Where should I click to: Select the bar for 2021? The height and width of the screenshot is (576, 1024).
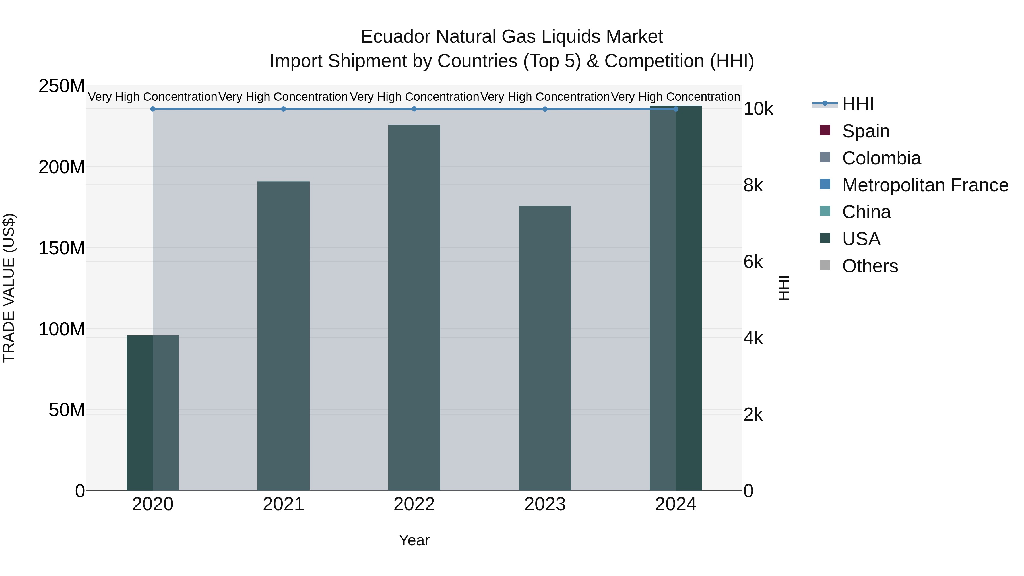(x=283, y=336)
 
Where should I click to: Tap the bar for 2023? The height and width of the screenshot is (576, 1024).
(x=545, y=348)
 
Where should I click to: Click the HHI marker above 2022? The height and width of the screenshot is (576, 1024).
(x=414, y=109)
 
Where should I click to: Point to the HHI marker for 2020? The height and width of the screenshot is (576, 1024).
(x=153, y=109)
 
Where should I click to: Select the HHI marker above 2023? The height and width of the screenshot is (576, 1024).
(x=545, y=109)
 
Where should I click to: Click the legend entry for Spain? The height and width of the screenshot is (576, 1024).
(x=865, y=131)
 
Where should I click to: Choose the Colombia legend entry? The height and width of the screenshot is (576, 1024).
(x=881, y=158)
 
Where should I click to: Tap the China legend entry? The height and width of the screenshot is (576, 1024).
(x=866, y=212)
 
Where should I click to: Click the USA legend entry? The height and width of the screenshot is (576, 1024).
(x=861, y=239)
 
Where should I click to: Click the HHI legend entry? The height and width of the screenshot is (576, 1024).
(x=857, y=104)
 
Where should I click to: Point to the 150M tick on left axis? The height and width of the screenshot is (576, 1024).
(x=62, y=248)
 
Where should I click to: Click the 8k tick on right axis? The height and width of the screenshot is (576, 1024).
(x=753, y=186)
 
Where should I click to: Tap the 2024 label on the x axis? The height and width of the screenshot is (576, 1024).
(x=675, y=504)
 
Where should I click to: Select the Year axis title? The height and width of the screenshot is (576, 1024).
(x=414, y=540)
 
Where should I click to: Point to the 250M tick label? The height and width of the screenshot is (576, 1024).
(x=62, y=86)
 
